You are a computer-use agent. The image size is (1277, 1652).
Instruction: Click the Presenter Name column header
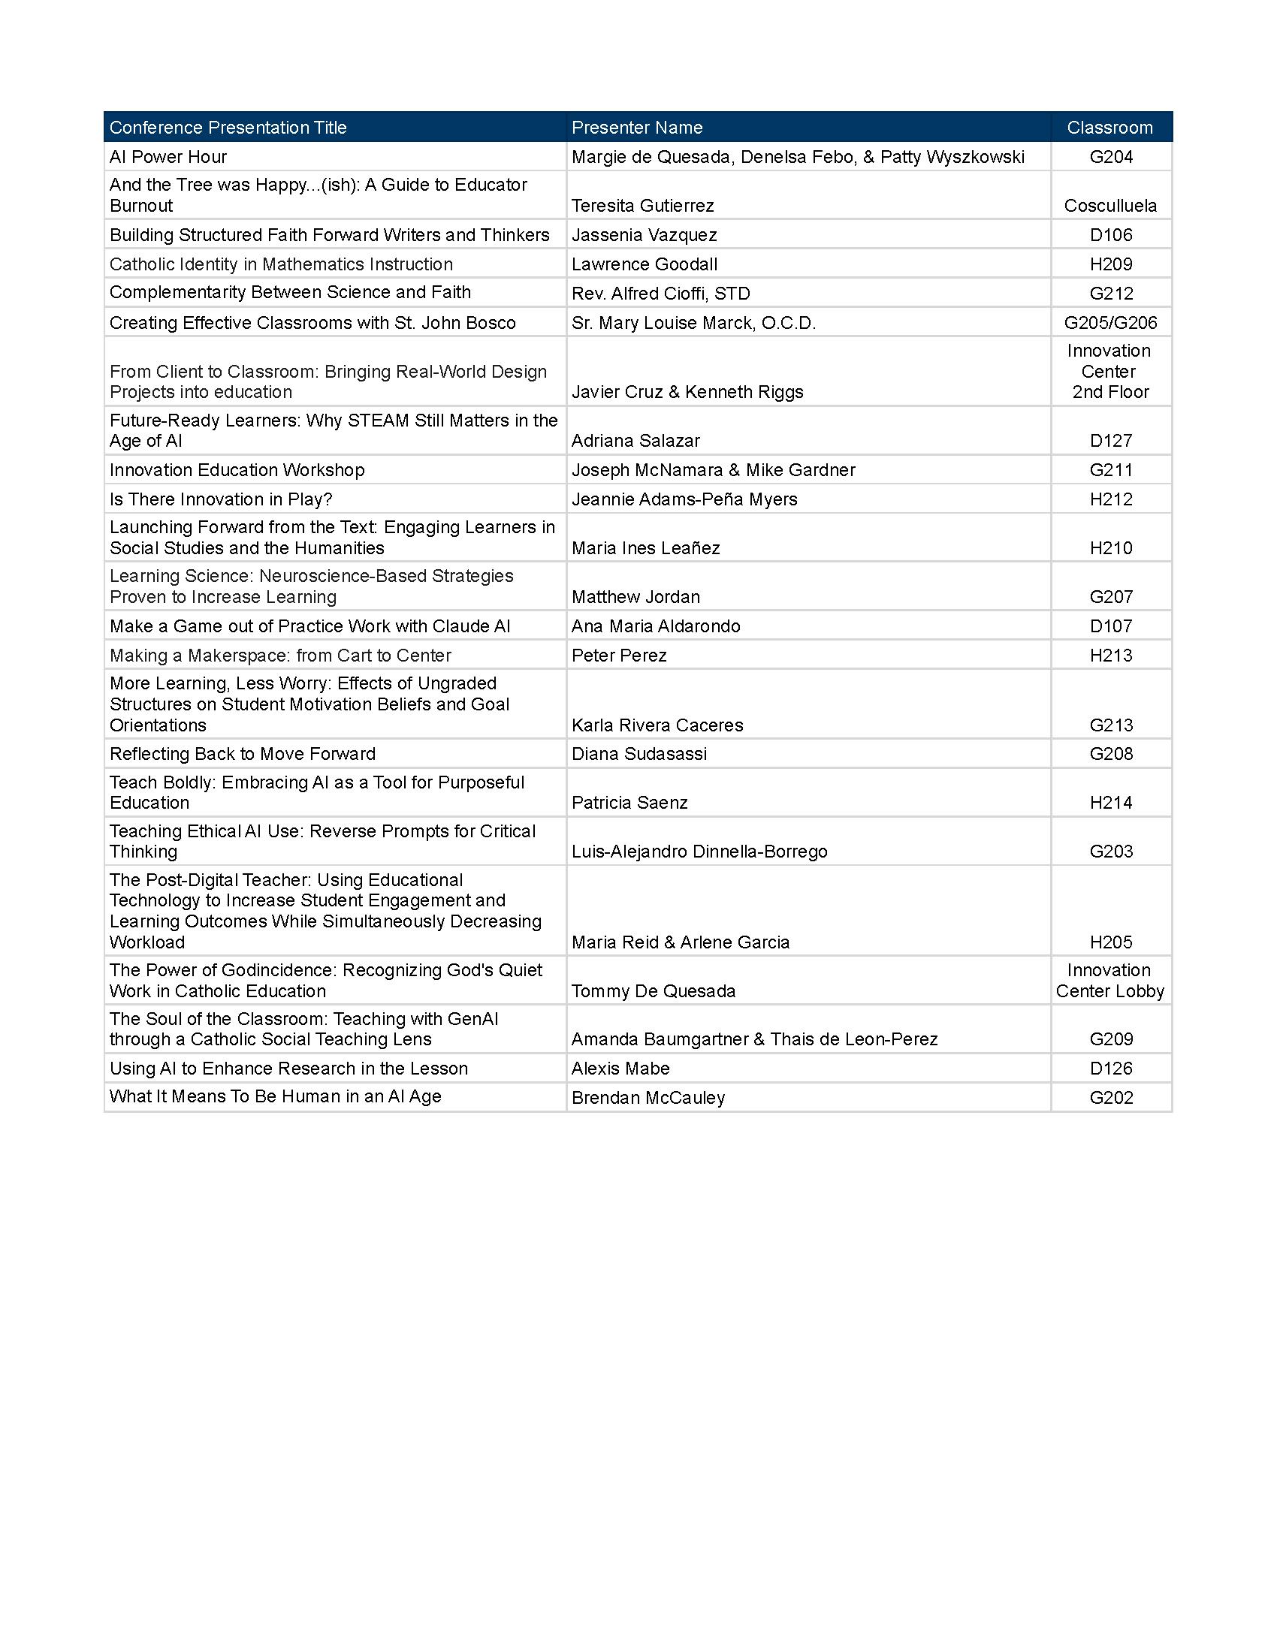[637, 128]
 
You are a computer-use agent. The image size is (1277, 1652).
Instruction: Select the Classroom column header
[1109, 128]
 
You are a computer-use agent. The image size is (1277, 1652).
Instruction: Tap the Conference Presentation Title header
[228, 128]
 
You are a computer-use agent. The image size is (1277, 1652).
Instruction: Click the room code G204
[1110, 158]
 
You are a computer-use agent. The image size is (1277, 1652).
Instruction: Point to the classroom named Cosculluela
[1109, 206]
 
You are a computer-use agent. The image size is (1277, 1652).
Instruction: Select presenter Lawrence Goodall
[645, 265]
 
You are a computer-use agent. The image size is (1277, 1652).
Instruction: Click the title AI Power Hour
[168, 158]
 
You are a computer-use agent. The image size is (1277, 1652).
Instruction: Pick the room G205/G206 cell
[1109, 323]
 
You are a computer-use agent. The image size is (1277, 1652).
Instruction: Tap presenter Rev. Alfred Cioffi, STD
[660, 294]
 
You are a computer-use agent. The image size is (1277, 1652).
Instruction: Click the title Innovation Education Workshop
[237, 471]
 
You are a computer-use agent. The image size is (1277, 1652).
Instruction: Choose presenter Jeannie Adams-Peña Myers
[684, 499]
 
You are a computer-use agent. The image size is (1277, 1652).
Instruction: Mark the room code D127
[1110, 441]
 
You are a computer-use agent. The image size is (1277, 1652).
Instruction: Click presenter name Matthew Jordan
[635, 597]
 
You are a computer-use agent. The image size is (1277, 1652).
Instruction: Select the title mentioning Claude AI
[309, 626]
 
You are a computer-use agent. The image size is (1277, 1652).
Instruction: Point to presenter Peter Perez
[619, 656]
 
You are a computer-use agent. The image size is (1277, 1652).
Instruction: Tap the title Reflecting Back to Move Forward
[242, 754]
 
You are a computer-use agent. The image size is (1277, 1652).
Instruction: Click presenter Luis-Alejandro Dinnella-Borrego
[699, 852]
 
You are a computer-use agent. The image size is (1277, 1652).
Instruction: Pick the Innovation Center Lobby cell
[1109, 981]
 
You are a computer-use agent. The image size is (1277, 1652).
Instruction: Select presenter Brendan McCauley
[648, 1098]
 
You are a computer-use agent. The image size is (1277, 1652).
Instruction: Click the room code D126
[1110, 1069]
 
